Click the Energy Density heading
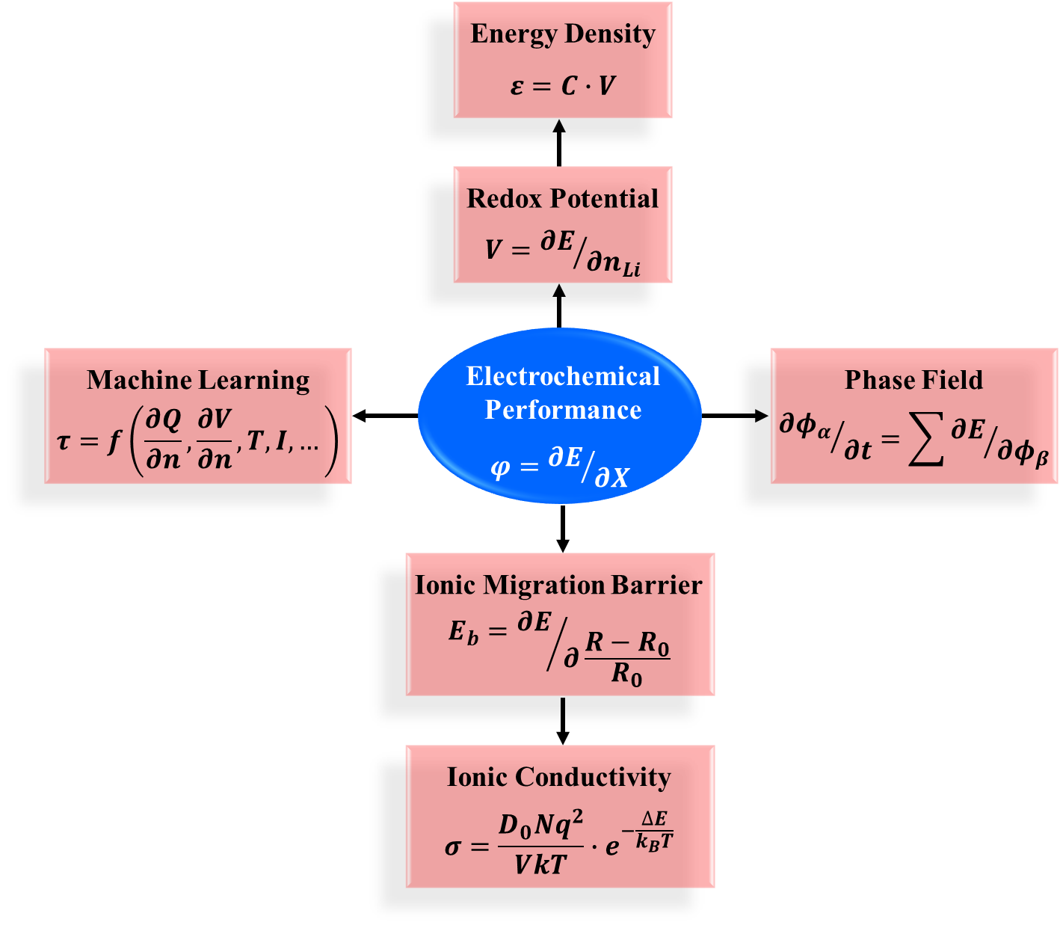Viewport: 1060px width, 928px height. pos(563,34)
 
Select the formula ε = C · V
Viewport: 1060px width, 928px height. pos(563,86)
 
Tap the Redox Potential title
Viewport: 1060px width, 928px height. pos(563,199)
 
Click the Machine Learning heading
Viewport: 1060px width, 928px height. pos(198,380)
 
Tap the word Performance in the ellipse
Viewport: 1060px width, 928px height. pos(563,410)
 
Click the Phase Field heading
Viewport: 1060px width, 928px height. pos(913,380)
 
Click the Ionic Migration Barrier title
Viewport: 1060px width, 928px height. pos(559,585)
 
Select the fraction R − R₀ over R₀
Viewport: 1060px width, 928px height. pos(627,658)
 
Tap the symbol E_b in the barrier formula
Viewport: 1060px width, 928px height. pos(463,633)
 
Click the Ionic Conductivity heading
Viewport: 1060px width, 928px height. pos(558,777)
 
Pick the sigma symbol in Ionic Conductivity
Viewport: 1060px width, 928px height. pos(453,847)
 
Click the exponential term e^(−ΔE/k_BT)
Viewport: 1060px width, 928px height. pos(640,835)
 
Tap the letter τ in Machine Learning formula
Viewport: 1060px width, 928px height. pos(64,441)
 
